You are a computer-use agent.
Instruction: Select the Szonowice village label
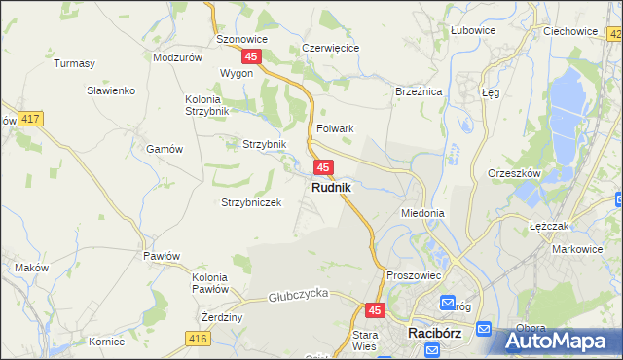click(x=241, y=39)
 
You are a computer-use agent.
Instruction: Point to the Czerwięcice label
click(x=331, y=48)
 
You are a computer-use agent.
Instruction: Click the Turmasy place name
click(x=75, y=64)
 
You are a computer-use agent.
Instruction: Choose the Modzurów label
click(x=177, y=57)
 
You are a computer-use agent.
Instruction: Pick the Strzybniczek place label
click(x=251, y=202)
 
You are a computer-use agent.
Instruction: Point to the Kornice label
click(x=106, y=342)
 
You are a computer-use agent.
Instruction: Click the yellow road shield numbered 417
click(x=30, y=119)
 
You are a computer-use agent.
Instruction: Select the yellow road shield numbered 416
click(x=199, y=338)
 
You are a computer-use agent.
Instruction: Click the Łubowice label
click(x=473, y=30)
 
